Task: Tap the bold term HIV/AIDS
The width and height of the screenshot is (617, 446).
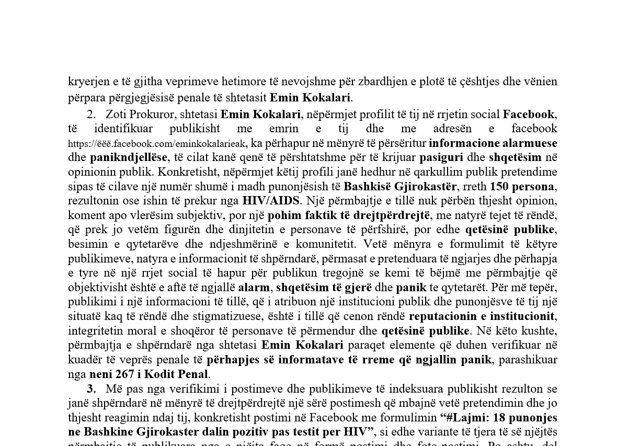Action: tap(270, 201)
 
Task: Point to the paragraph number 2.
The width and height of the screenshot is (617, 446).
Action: tap(91, 115)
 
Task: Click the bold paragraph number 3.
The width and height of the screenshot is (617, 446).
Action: tap(91, 388)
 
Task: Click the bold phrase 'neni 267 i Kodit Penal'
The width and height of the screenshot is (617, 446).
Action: tap(149, 374)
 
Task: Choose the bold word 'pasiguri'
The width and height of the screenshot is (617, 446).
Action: tap(441, 157)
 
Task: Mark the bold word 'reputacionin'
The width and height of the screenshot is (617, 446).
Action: tap(443, 316)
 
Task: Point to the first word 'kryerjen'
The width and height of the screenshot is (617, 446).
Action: tap(88, 82)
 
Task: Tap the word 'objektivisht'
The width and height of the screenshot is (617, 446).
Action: tap(96, 288)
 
